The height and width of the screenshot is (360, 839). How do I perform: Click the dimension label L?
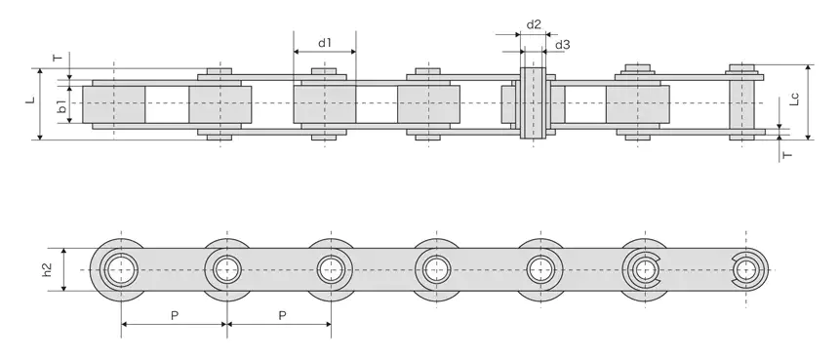pyautogui.click(x=30, y=100)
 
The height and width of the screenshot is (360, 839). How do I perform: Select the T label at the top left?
pyautogui.click(x=57, y=59)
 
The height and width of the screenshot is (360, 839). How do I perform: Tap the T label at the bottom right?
pyautogui.click(x=786, y=154)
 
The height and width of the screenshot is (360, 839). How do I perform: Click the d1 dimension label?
pyautogui.click(x=325, y=43)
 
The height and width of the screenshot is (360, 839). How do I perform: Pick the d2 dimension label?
pyautogui.click(x=534, y=23)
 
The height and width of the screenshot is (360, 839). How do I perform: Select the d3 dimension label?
pyautogui.click(x=562, y=45)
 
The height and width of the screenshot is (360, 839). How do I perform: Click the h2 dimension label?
pyautogui.click(x=48, y=268)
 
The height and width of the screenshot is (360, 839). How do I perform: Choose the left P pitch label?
pyautogui.click(x=174, y=315)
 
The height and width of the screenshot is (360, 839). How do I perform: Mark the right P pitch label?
pyautogui.click(x=282, y=315)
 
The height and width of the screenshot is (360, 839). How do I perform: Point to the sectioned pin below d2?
pyautogui.click(x=533, y=102)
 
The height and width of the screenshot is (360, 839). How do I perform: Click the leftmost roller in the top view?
pyautogui.click(x=114, y=104)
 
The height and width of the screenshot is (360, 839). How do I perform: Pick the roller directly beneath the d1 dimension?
pyautogui.click(x=325, y=104)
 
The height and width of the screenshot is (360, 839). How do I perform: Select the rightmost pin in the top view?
pyautogui.click(x=744, y=102)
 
